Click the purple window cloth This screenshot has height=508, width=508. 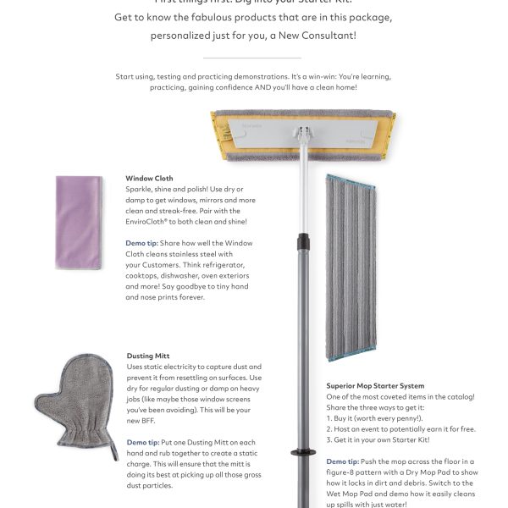point(80,222)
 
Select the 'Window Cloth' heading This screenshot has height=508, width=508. point(149,179)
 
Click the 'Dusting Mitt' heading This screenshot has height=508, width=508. point(149,356)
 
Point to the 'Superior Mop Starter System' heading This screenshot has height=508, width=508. point(375,386)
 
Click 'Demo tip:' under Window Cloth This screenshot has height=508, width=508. point(141,243)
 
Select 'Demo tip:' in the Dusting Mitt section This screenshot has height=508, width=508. point(143,442)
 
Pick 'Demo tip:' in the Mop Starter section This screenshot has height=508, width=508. point(343,461)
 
